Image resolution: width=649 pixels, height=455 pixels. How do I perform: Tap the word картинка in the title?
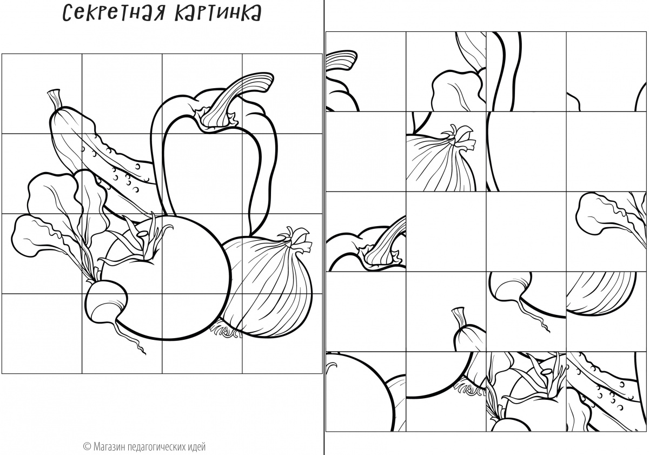218,14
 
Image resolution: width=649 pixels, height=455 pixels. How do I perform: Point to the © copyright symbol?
87,446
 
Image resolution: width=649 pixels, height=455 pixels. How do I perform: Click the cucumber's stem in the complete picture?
55,100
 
